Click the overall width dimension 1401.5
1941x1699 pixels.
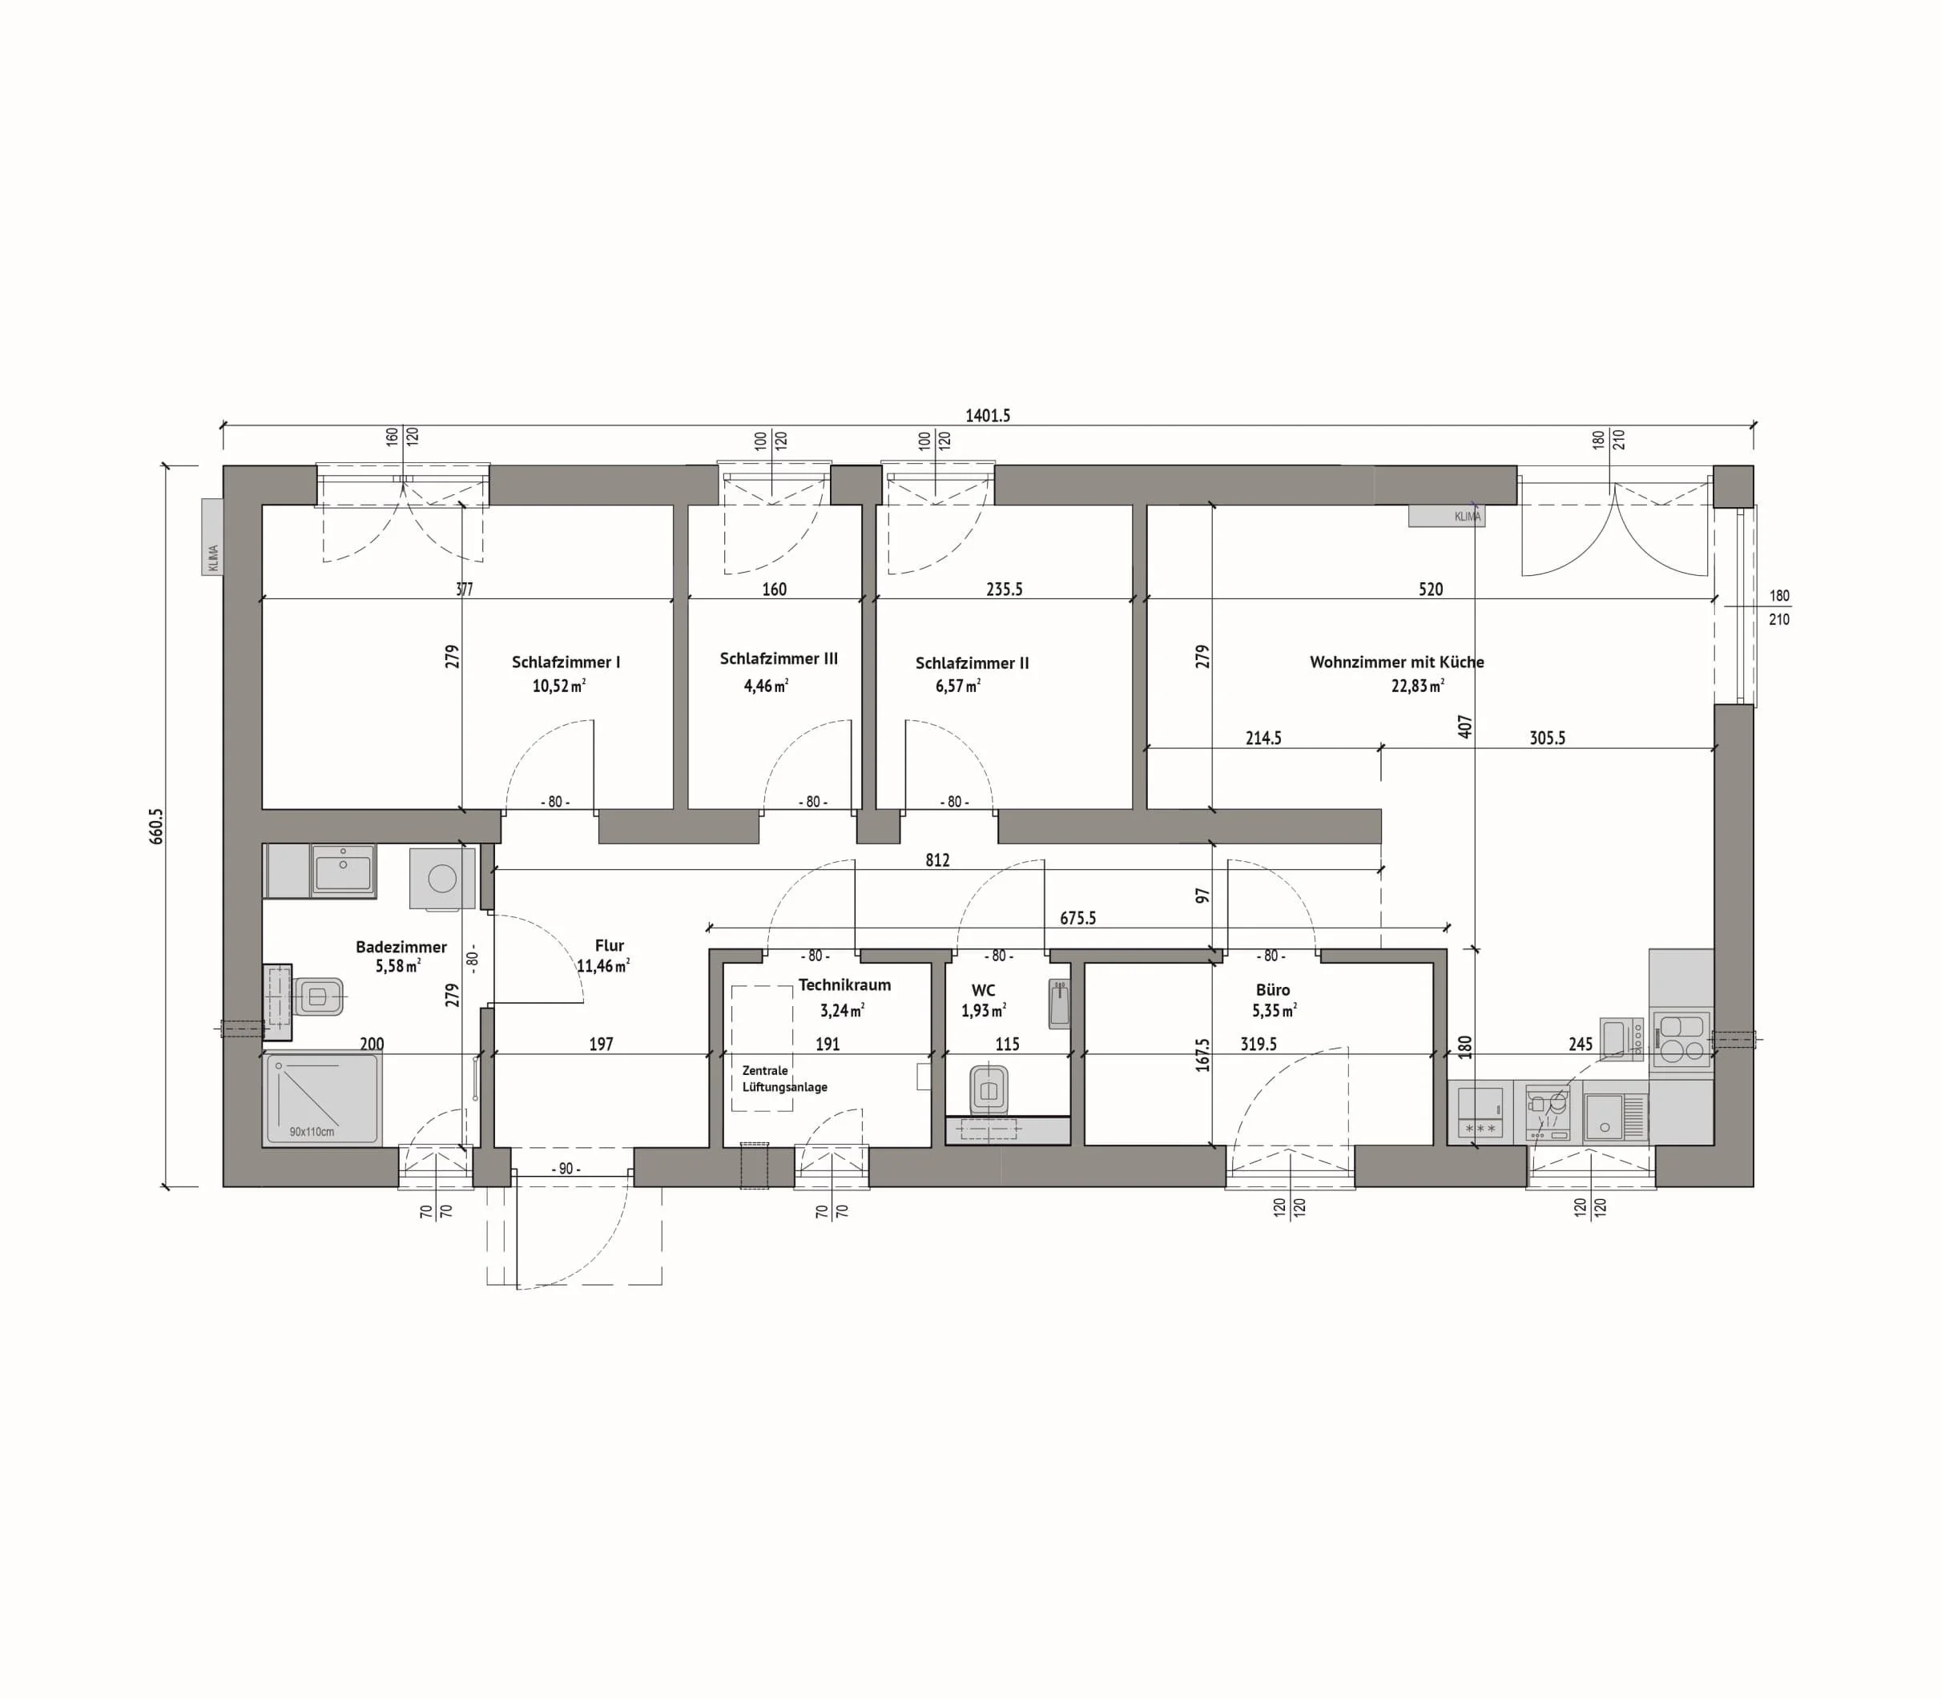click(987, 415)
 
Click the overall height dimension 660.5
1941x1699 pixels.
click(156, 826)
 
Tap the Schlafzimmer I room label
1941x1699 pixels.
click(566, 662)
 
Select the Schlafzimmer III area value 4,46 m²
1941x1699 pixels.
click(766, 686)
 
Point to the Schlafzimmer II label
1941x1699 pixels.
click(972, 662)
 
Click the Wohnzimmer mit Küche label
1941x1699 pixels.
click(1397, 662)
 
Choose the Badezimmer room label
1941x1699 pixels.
click(401, 946)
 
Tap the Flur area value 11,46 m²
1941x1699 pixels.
click(603, 966)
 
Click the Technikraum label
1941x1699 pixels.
click(844, 985)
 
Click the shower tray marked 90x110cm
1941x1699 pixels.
click(321, 1098)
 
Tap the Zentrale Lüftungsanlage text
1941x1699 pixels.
click(784, 1079)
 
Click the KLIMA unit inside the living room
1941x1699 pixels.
click(1446, 516)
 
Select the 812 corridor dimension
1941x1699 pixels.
click(936, 860)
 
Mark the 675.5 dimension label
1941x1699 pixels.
click(1078, 918)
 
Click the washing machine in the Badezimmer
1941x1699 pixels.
click(442, 879)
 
